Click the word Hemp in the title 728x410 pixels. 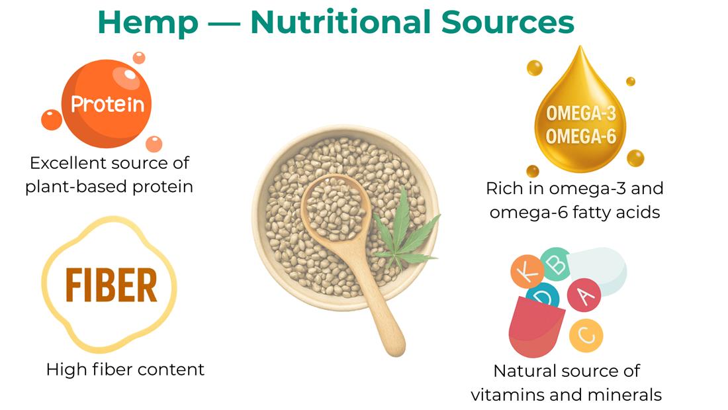[148, 23]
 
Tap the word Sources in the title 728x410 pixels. [508, 22]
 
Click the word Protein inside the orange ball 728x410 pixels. [107, 104]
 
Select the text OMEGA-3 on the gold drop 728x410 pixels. [581, 113]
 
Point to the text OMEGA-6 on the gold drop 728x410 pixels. [581, 136]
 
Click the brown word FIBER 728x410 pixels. [111, 285]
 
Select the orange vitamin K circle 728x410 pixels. [527, 272]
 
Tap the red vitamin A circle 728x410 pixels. [584, 295]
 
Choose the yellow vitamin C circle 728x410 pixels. [586, 335]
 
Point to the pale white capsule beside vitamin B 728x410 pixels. [600, 270]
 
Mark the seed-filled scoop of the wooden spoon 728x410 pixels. [336, 207]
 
